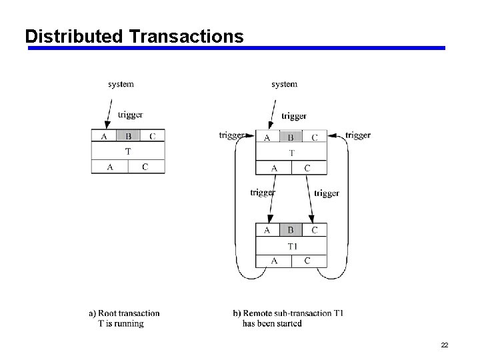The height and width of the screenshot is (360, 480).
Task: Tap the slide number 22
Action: (444, 345)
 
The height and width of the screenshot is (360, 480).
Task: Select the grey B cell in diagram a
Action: (128, 136)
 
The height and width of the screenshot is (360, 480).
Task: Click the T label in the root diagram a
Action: (128, 151)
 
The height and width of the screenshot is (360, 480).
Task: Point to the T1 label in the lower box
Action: (292, 246)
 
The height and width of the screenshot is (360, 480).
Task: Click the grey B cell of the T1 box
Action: (291, 230)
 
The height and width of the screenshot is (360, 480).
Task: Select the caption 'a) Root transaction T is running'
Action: (125, 318)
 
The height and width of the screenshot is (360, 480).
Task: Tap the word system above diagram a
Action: (121, 84)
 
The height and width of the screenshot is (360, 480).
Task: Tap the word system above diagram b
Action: (285, 84)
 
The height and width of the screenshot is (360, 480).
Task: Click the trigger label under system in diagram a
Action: (130, 115)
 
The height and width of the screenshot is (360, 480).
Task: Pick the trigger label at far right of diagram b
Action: (357, 135)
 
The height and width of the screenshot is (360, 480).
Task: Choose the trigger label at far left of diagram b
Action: (231, 135)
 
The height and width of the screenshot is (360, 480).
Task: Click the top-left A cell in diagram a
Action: (103, 136)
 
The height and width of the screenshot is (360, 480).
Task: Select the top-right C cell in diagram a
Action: (153, 136)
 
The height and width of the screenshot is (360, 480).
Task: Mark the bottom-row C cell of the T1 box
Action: (307, 261)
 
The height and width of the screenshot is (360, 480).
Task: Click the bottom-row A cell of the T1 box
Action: (274, 261)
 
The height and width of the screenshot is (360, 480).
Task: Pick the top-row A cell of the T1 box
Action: (267, 230)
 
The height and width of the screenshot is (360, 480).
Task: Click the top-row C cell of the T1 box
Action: (315, 230)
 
